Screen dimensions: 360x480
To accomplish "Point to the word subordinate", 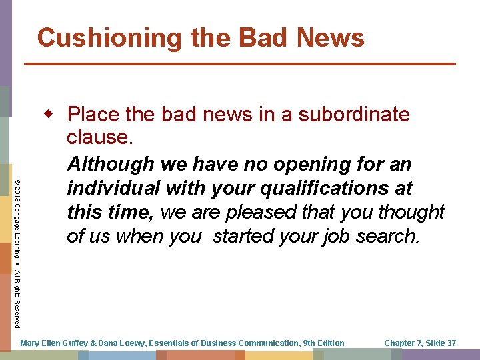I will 354,115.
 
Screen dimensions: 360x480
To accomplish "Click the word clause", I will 98,138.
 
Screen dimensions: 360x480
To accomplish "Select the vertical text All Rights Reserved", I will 17,299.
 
